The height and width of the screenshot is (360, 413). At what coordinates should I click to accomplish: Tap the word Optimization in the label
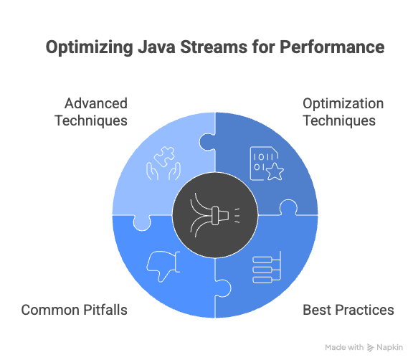click(x=343, y=103)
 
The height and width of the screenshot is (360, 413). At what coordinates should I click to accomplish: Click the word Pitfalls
click(x=105, y=311)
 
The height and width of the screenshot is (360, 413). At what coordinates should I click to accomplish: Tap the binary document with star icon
click(x=262, y=161)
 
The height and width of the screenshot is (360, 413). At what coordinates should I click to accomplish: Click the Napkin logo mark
click(x=371, y=347)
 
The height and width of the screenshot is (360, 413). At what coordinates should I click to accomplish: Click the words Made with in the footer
click(x=344, y=347)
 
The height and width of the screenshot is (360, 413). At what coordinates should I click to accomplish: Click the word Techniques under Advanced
click(x=91, y=120)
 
